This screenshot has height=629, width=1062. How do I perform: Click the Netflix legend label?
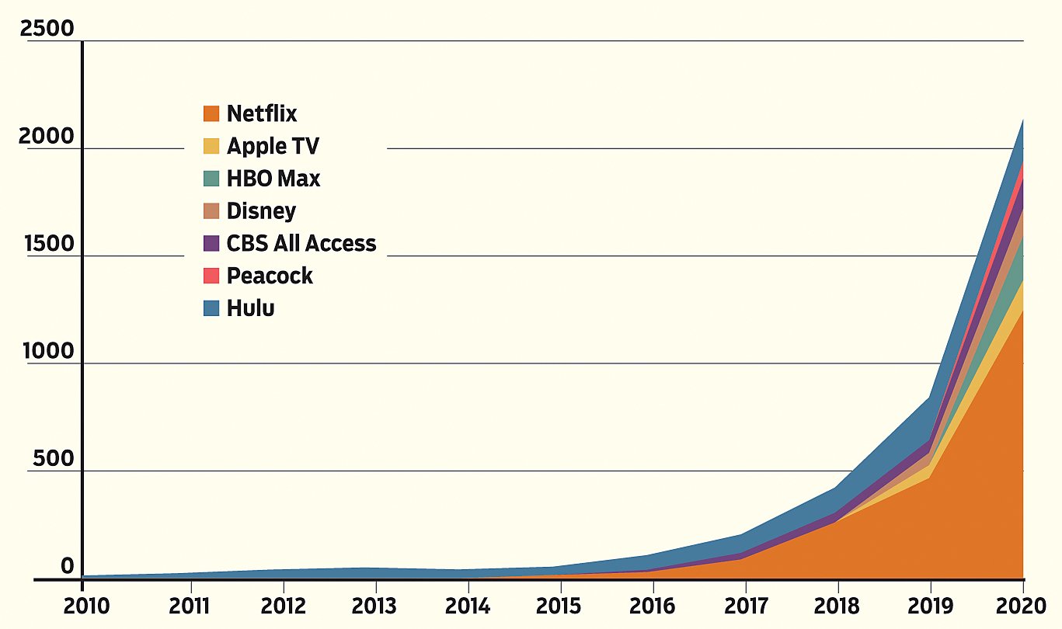pos(262,114)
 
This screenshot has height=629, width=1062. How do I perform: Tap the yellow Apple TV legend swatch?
pos(211,147)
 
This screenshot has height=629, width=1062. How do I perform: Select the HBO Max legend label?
pos(273,179)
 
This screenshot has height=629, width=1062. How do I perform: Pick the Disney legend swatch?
pos(211,211)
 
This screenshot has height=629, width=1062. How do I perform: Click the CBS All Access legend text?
pos(301,243)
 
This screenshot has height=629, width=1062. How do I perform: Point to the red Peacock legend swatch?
pos(211,276)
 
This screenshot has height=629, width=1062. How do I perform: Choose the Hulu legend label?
pos(251,308)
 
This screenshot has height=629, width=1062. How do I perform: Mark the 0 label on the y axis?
pos(68,567)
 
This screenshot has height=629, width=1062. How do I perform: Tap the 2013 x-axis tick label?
pos(375,606)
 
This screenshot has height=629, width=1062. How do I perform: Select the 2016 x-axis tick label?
pos(653,606)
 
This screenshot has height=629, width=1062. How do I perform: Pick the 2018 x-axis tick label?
pos(837,606)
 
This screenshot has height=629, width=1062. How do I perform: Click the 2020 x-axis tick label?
pos(1022,606)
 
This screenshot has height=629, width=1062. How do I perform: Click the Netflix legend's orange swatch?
pos(211,114)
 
